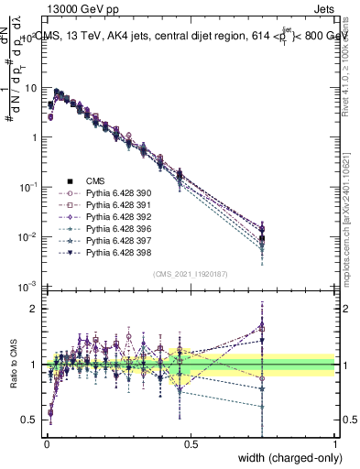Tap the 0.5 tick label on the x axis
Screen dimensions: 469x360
point(191,442)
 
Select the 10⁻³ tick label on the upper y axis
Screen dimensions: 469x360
point(27,286)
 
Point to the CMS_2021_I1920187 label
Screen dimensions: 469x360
point(191,273)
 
